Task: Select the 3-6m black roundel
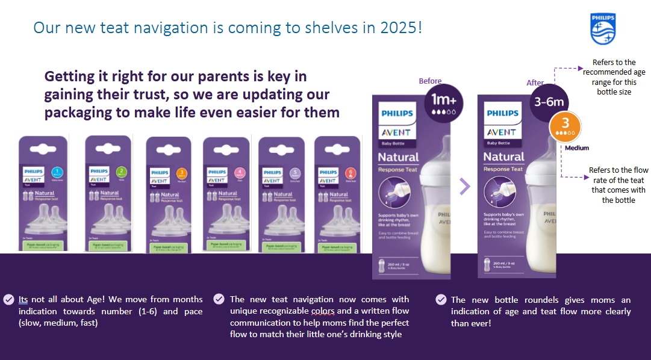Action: point(549,102)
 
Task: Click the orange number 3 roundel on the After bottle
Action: point(565,125)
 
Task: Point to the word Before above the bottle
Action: point(430,81)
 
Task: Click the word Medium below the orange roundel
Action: point(577,147)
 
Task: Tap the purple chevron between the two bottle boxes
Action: point(464,187)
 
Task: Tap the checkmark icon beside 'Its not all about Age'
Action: point(9,299)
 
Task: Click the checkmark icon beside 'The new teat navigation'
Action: point(219,299)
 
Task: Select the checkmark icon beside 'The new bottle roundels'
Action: point(441,300)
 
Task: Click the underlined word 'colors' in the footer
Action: point(323,311)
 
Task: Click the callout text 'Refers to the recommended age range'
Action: point(614,77)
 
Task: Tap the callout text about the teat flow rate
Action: point(618,185)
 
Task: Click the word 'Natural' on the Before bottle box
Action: point(398,157)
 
